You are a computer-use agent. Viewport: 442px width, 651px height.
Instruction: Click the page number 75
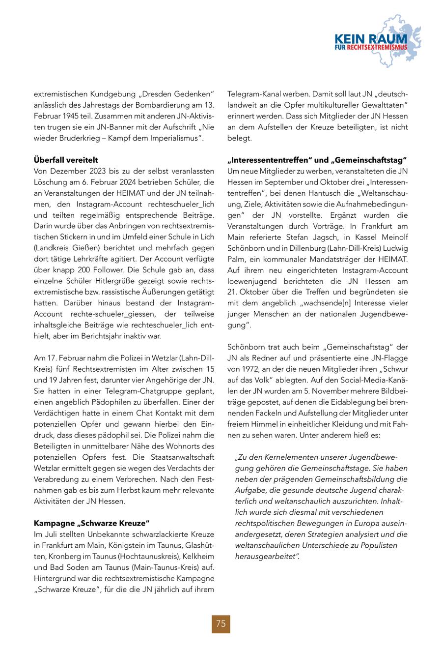click(221, 624)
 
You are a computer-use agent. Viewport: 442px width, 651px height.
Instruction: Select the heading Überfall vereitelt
click(66, 160)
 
